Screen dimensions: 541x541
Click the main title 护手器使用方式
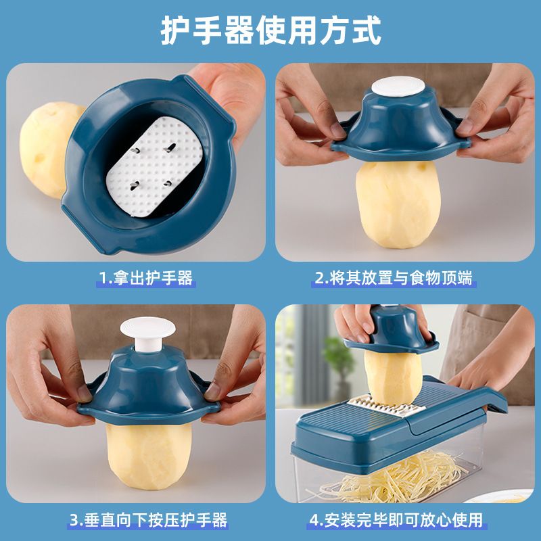coord(271,30)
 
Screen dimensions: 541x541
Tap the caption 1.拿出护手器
coord(145,278)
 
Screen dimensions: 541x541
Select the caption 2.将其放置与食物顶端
coord(394,278)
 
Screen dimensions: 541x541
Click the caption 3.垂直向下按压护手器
coord(148,520)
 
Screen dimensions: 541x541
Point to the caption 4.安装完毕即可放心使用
coord(396,520)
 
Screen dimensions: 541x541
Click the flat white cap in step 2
coord(398,87)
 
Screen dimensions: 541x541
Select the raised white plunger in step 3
coord(147,333)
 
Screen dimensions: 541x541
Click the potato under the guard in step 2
coord(398,205)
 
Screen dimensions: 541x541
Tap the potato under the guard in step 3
coord(149,455)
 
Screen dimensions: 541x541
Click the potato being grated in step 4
coord(393,377)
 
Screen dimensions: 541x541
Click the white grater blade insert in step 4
coord(386,406)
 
